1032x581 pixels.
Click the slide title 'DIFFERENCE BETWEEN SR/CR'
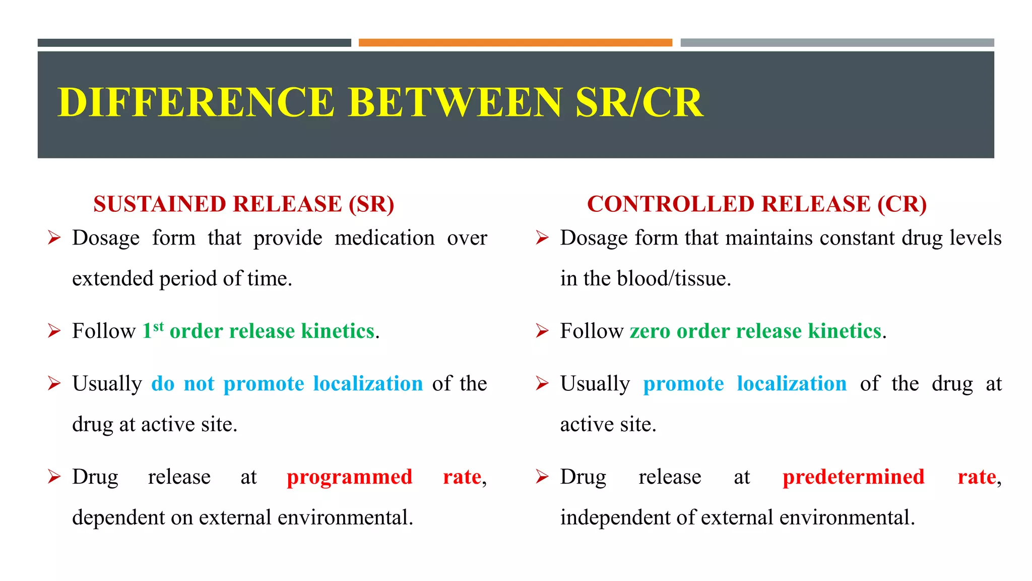(380, 102)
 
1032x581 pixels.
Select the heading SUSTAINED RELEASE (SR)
(244, 204)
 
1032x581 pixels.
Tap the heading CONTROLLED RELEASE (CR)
(757, 204)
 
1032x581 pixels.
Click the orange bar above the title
(515, 43)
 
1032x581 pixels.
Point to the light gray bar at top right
(837, 43)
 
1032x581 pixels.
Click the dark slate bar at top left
(194, 43)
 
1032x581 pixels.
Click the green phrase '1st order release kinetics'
(259, 331)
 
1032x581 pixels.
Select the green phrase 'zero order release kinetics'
(755, 331)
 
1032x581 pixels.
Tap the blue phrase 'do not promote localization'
(287, 384)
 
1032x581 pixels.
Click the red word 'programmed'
(349, 477)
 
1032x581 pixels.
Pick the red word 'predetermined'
(853, 477)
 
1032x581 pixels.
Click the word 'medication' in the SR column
(384, 238)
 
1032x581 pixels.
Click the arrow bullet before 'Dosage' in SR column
(54, 238)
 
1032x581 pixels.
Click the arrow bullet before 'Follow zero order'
(542, 331)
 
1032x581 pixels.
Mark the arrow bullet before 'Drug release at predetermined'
(542, 477)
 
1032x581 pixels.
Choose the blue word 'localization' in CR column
(792, 384)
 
